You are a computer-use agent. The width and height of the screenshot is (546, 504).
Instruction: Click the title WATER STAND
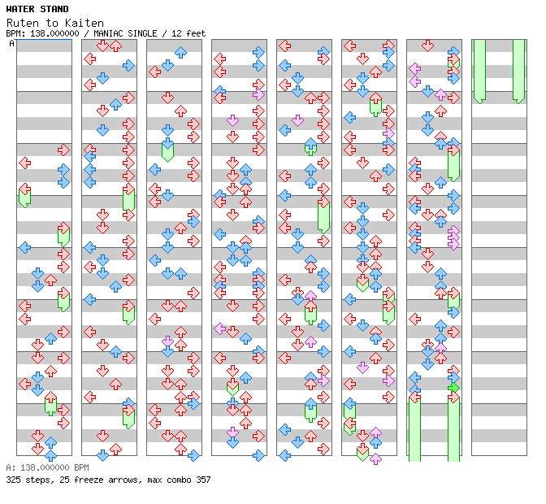(37, 10)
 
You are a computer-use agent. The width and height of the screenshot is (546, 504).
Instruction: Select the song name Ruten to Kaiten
(49, 23)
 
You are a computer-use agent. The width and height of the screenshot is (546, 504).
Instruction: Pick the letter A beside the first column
(12, 44)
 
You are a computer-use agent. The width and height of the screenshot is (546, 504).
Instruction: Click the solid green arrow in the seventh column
(453, 388)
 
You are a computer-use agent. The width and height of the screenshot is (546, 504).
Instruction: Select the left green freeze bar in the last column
(479, 72)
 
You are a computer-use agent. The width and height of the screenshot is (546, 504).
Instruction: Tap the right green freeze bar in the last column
(518, 72)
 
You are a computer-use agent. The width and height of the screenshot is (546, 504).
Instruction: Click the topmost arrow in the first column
(63, 150)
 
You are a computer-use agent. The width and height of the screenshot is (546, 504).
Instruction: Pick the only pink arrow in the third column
(167, 341)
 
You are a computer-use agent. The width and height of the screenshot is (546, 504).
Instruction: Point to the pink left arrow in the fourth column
(219, 328)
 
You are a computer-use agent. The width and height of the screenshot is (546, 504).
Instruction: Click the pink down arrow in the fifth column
(297, 120)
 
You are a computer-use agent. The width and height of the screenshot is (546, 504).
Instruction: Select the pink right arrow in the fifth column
(323, 380)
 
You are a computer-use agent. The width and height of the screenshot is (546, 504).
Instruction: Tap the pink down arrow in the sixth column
(362, 367)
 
